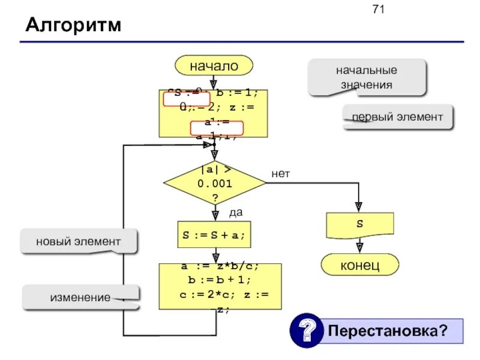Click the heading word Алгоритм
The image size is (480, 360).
click(73, 26)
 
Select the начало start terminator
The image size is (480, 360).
click(214, 66)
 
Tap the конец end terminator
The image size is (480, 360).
click(360, 264)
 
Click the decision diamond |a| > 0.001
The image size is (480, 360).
click(214, 183)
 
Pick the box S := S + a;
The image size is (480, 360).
click(214, 235)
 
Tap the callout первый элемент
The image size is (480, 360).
click(397, 117)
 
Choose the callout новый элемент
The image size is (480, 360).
click(79, 242)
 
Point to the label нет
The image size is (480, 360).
click(280, 174)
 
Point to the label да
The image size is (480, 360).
click(236, 212)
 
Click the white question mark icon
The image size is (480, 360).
click(307, 330)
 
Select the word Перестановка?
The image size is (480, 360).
click(388, 331)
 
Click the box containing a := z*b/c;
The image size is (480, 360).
click(220, 286)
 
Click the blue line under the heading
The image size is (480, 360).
click(240, 41)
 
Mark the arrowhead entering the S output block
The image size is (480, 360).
click(359, 208)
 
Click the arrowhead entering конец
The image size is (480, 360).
click(359, 247)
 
